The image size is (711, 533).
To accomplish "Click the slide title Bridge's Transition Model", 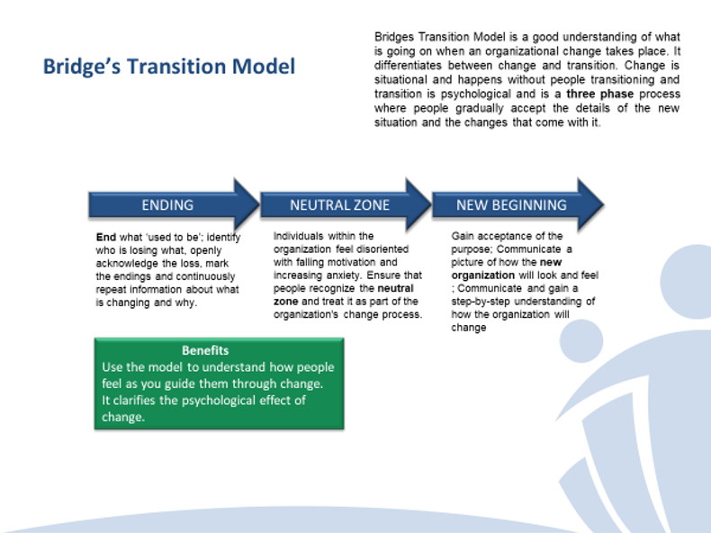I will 168,67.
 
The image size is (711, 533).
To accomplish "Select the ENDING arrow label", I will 167,204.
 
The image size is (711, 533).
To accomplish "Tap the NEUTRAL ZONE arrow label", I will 339,204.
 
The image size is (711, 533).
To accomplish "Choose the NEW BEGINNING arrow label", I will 511,204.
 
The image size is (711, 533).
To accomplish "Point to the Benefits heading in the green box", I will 205,350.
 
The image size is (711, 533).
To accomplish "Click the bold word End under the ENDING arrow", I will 105,237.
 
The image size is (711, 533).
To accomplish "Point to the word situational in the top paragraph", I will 404,80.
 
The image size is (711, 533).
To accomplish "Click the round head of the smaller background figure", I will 587,341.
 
